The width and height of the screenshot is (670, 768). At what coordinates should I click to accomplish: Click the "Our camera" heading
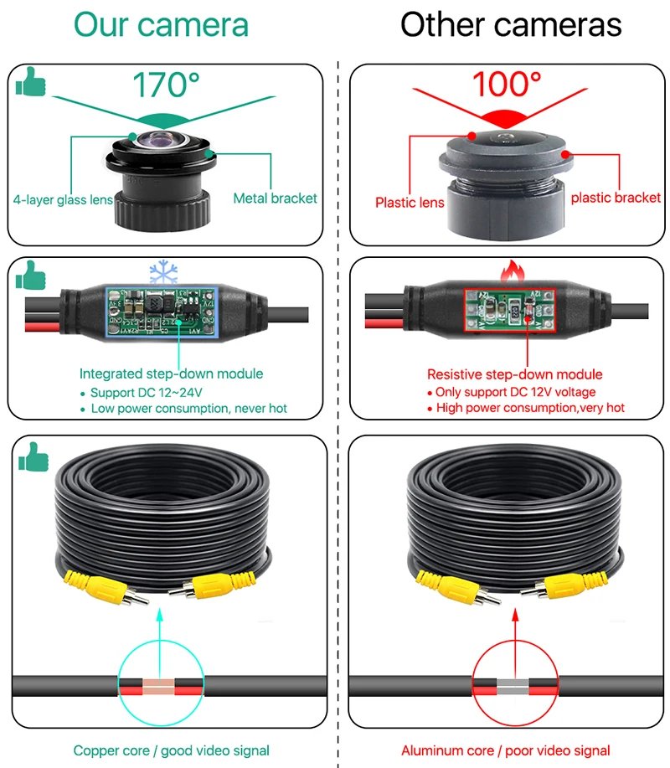point(161,24)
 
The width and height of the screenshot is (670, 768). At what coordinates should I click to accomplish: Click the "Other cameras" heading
point(511,24)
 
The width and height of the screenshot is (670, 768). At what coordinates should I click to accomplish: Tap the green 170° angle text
point(167,85)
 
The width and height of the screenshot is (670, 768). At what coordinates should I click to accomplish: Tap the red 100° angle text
point(506,85)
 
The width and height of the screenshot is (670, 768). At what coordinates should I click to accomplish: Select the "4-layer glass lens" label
point(63,199)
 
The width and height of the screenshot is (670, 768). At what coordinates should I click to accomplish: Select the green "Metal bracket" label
point(275,198)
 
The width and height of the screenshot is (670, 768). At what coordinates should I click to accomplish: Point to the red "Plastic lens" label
point(410,202)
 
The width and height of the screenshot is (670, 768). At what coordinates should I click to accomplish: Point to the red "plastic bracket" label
point(616,198)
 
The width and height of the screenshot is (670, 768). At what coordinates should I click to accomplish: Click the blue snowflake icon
point(163,273)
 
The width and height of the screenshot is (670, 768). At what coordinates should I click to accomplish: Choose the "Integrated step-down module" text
point(171,374)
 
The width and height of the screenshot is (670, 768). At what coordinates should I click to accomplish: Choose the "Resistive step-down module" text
point(514,374)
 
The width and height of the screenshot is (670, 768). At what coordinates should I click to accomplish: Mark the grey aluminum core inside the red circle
point(513,688)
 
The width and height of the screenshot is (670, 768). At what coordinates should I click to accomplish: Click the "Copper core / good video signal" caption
point(171,750)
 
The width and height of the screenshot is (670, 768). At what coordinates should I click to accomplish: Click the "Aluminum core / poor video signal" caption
point(505,750)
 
